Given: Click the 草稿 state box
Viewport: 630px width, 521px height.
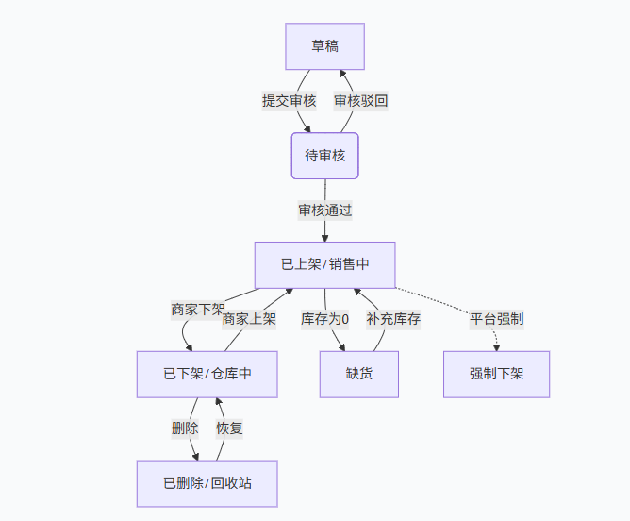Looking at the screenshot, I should [x=324, y=46].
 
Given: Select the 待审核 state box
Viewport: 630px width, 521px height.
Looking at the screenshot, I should [x=324, y=156].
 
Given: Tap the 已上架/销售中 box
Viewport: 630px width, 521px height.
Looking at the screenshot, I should [x=324, y=265].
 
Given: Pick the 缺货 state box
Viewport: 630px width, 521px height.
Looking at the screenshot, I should [x=358, y=374].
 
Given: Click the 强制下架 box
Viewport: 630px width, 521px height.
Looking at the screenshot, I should [x=496, y=374].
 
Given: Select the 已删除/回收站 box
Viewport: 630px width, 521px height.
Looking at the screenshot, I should [x=207, y=483].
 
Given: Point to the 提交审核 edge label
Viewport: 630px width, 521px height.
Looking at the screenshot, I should [x=289, y=100].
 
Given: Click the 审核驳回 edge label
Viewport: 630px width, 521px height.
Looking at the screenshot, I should [x=360, y=100].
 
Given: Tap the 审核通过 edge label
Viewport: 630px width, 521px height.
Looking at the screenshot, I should [x=324, y=210].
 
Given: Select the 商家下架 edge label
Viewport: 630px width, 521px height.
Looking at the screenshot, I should [x=197, y=310].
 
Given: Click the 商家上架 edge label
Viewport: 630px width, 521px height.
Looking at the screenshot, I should [x=249, y=319].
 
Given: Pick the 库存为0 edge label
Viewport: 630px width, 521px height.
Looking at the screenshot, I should [x=324, y=319].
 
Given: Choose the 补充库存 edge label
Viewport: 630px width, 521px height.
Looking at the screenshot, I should [x=393, y=319].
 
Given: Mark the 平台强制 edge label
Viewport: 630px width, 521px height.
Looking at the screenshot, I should [x=496, y=319].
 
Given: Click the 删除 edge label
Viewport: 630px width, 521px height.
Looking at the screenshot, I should [x=185, y=428].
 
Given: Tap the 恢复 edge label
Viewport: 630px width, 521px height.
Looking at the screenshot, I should [x=229, y=428].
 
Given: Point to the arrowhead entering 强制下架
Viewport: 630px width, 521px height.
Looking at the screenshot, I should [x=496, y=347].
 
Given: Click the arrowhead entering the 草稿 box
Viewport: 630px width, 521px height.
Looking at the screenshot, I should [x=342, y=74].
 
